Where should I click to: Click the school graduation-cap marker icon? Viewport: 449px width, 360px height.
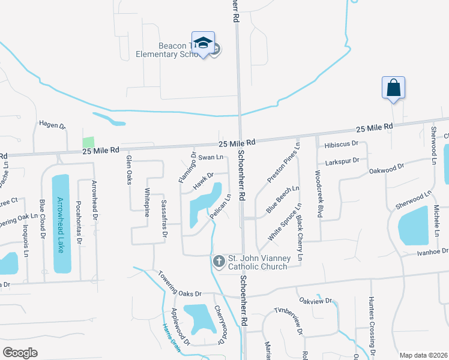(x=203, y=43)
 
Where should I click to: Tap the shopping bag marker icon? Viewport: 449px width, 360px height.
(x=393, y=88)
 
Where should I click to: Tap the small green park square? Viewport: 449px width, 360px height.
(x=88, y=142)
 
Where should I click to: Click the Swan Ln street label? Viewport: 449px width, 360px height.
(x=211, y=157)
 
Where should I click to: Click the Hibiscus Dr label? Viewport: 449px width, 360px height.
(x=341, y=144)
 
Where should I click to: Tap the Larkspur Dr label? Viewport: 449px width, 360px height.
(x=342, y=161)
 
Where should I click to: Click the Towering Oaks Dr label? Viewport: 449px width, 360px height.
(x=179, y=285)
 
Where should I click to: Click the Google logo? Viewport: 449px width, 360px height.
(x=20, y=353)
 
